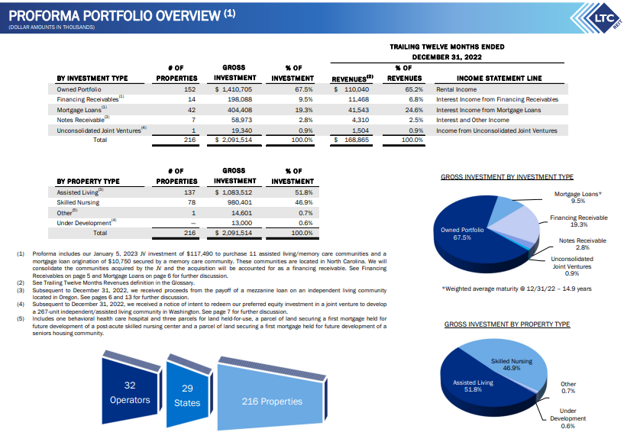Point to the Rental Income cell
click(456, 89)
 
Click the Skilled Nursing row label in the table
click(78, 202)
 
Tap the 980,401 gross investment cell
click(239, 202)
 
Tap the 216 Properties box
click(272, 401)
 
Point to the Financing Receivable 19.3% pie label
click(578, 221)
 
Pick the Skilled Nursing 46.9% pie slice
click(511, 363)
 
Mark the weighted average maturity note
click(506, 289)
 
